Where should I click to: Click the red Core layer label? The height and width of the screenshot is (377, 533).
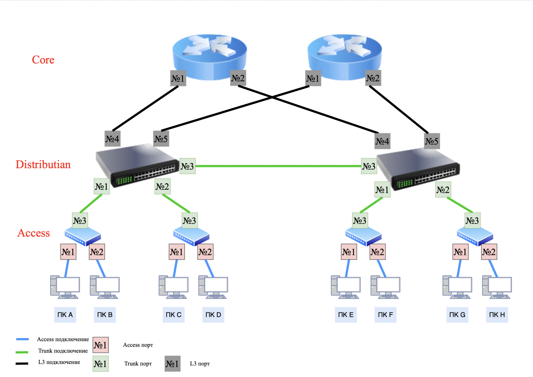[x=43, y=60]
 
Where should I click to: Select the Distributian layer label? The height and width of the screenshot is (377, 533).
[x=43, y=164]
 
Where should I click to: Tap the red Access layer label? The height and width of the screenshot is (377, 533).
[x=33, y=233]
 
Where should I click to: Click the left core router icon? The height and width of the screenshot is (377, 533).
[x=209, y=55]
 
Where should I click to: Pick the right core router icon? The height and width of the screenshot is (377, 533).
[x=344, y=55]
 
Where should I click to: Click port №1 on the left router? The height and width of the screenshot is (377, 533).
[x=178, y=78]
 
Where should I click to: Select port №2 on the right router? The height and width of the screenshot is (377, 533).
[x=373, y=78]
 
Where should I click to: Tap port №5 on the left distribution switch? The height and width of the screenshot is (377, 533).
[x=161, y=139]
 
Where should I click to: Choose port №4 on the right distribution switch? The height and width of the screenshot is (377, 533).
[x=382, y=141]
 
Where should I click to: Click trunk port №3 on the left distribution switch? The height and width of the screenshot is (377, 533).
[x=187, y=166]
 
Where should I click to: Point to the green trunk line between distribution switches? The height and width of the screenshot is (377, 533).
[x=278, y=166]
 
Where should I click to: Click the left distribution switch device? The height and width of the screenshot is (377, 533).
[x=137, y=164]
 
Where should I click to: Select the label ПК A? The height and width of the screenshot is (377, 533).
[x=65, y=315]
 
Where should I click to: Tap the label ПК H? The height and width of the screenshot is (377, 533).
[x=497, y=315]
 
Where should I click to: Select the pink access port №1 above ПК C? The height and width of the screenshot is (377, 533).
[x=177, y=252]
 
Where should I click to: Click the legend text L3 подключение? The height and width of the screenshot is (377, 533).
[x=59, y=362]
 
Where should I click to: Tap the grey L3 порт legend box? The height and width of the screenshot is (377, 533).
[x=172, y=364]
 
